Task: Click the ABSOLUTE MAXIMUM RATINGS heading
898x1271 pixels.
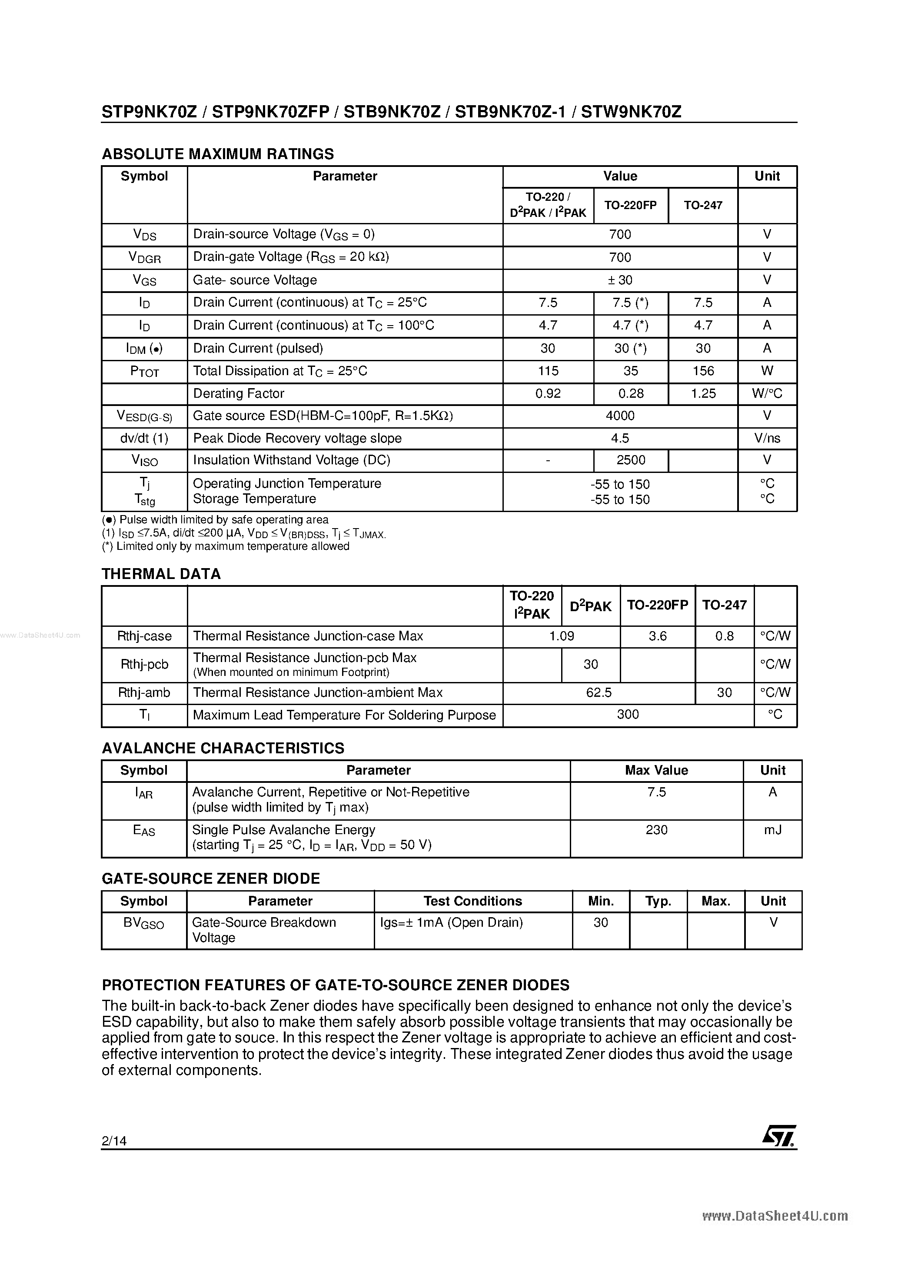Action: (218, 154)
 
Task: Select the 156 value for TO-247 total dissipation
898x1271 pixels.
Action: (703, 371)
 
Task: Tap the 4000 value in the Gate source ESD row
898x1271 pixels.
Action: (620, 416)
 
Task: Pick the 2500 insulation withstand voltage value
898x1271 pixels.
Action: (631, 460)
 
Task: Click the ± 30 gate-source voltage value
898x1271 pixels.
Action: (620, 280)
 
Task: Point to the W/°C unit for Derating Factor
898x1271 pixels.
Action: (767, 393)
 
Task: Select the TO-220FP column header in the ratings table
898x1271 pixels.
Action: (631, 205)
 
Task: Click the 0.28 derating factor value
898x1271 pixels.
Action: (631, 393)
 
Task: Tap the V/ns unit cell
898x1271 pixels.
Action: (767, 439)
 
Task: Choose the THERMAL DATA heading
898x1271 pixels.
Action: (161, 574)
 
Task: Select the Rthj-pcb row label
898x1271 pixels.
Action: (144, 664)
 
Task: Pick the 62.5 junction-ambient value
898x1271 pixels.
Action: (599, 692)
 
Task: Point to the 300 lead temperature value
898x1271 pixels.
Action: (628, 715)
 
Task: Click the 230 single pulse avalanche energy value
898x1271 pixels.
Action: (657, 830)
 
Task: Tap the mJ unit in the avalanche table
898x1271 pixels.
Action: (772, 830)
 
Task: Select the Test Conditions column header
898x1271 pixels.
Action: (473, 901)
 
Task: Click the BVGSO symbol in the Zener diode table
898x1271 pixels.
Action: (144, 923)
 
